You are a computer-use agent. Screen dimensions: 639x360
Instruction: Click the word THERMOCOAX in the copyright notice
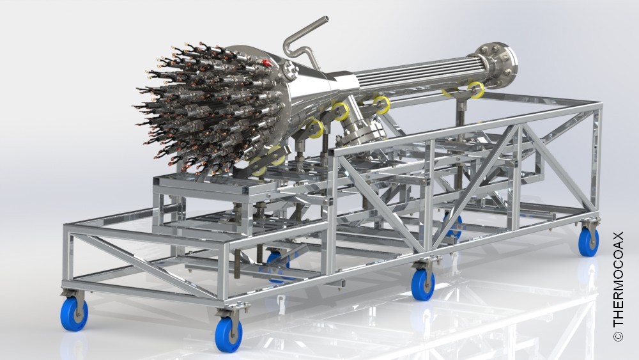(x=618, y=279)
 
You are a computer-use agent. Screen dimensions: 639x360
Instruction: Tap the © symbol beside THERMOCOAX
(x=618, y=336)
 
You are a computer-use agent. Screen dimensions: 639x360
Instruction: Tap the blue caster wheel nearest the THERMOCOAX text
(x=589, y=241)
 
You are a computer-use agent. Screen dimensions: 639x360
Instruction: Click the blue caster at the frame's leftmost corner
(x=73, y=313)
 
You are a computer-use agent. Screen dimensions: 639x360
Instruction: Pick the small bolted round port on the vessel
(x=291, y=72)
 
